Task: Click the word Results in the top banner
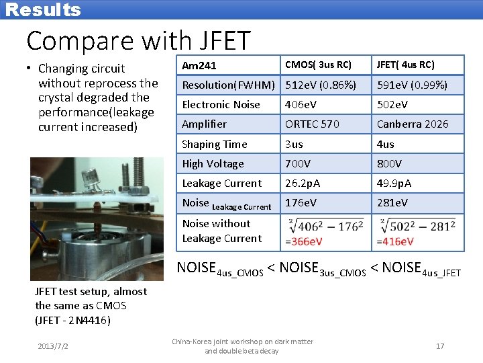(x=43, y=10)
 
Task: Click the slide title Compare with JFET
(x=138, y=41)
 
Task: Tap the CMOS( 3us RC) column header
(x=318, y=65)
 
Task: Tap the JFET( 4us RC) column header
(x=405, y=65)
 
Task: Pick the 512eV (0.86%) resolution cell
(x=321, y=85)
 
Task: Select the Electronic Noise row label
(x=221, y=105)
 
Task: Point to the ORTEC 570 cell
(x=312, y=124)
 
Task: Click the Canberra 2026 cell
(x=412, y=124)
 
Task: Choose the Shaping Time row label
(x=215, y=144)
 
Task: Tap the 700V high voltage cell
(x=299, y=163)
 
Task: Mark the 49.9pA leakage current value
(x=394, y=183)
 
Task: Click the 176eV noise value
(x=300, y=202)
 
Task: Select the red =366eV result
(x=304, y=242)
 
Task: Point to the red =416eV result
(x=396, y=242)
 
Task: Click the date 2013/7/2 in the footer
(x=52, y=346)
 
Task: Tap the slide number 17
(x=440, y=346)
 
